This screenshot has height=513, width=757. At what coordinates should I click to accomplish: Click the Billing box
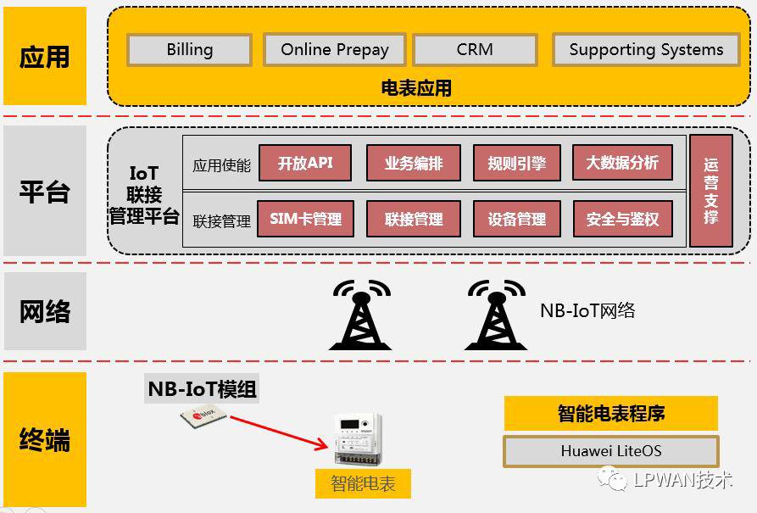click(189, 50)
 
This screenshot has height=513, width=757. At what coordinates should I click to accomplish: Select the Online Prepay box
click(335, 50)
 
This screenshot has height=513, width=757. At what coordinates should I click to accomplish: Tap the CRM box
click(475, 50)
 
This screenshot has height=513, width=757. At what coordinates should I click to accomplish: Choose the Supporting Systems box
click(646, 50)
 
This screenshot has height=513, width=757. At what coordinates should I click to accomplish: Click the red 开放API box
click(305, 163)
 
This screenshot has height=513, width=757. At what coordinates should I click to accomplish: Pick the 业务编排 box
click(413, 163)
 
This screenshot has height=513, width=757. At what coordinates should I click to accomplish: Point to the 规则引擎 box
click(516, 163)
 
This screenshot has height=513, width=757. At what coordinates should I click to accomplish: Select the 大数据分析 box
click(622, 163)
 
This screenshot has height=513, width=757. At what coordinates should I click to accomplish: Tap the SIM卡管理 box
click(305, 219)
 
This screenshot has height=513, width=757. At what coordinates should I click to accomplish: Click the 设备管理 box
click(516, 219)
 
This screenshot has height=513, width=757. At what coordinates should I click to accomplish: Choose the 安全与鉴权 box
click(622, 219)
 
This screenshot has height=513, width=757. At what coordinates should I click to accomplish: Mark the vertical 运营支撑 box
click(710, 191)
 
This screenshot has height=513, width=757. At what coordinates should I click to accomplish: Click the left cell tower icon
click(360, 315)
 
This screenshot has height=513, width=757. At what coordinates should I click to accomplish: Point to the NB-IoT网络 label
click(587, 311)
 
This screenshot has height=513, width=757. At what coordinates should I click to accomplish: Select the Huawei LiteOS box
click(610, 451)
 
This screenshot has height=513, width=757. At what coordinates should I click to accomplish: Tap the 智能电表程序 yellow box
click(610, 414)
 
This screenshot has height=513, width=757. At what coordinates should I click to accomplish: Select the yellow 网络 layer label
click(45, 311)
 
